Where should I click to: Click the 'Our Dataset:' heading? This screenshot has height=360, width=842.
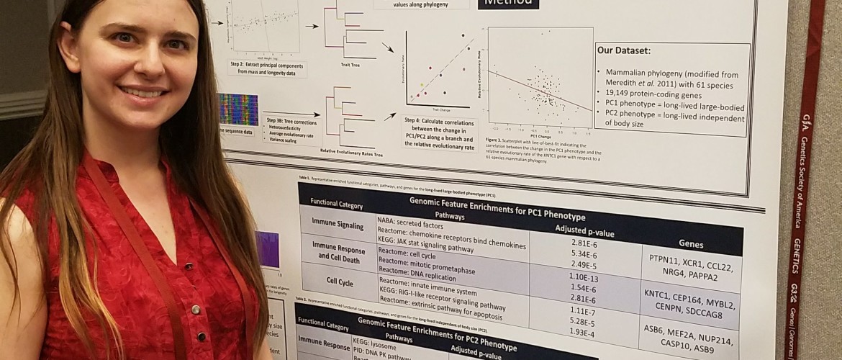(x=625, y=51)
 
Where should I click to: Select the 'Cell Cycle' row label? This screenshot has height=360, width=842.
(x=335, y=283)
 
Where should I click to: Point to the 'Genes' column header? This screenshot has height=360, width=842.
(x=691, y=244)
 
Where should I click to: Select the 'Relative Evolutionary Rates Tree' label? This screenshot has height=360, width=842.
(x=348, y=152)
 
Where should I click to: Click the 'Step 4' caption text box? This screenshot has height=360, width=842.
(x=437, y=132)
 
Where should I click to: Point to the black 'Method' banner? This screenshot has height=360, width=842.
(x=509, y=4)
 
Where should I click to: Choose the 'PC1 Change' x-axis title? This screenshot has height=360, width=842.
(x=538, y=134)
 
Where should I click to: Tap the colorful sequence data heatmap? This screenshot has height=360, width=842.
(x=238, y=109)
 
